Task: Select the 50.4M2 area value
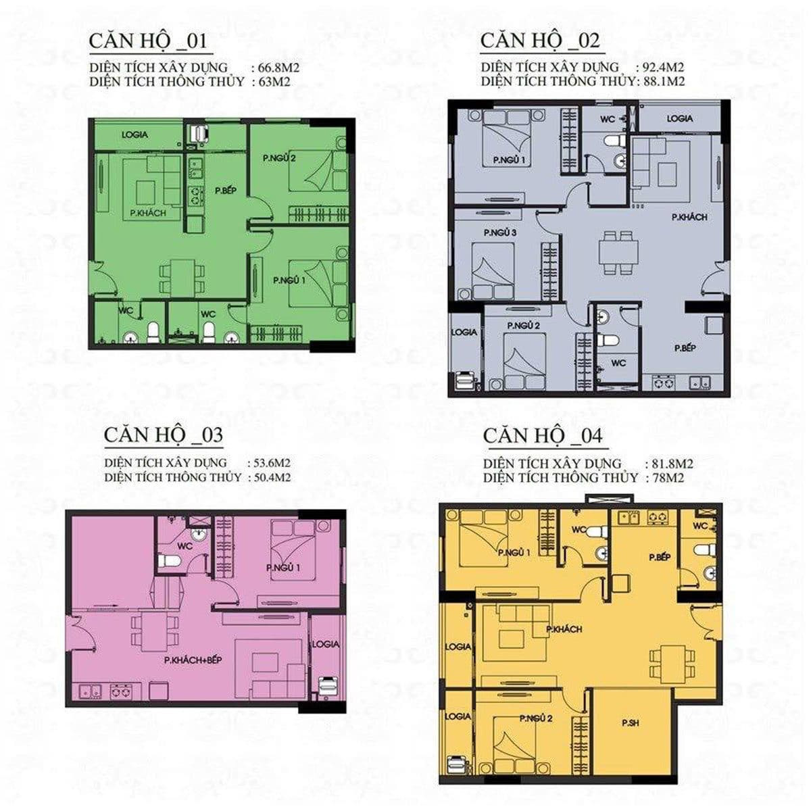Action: click(272, 478)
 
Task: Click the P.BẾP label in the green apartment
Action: click(226, 191)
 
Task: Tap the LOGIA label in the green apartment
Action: click(134, 134)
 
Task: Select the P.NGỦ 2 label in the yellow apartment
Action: click(536, 718)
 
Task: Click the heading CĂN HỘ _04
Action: click(543, 436)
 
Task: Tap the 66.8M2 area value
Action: click(280, 68)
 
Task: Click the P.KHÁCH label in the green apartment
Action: click(148, 213)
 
